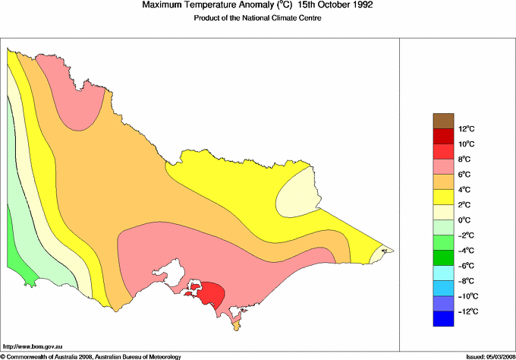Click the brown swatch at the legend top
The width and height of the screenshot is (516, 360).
[x=444, y=121]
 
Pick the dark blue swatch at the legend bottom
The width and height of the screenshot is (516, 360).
[x=444, y=320]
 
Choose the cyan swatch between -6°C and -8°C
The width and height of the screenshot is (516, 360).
[x=444, y=273]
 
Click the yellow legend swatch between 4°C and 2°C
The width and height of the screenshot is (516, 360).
[x=444, y=197]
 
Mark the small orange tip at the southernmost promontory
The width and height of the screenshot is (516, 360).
[x=236, y=326]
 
